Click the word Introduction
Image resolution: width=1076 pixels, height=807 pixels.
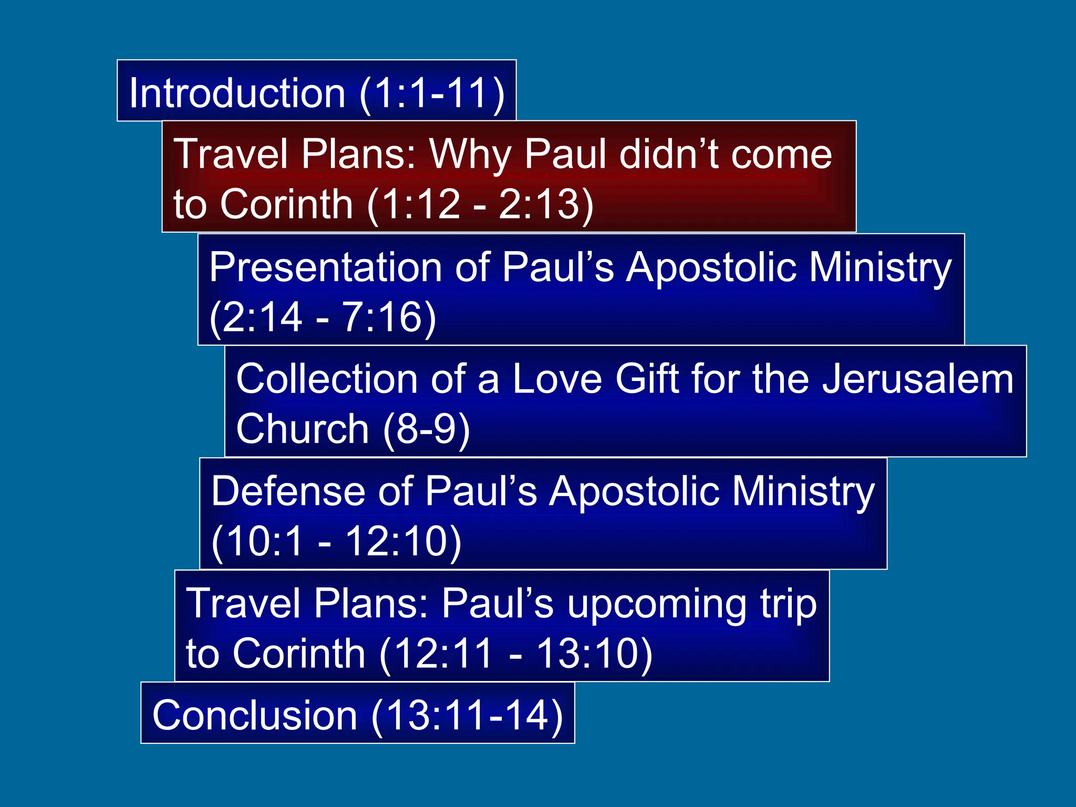[x=237, y=93]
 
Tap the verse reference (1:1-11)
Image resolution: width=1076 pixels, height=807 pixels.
[x=432, y=93]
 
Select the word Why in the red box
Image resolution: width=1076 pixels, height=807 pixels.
[x=470, y=154]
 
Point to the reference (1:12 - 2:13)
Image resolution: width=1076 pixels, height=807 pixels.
[x=480, y=204]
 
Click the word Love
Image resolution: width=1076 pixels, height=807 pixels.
[x=557, y=379]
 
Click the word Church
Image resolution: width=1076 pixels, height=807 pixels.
[x=303, y=429]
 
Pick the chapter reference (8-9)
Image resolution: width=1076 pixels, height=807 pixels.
[x=427, y=429]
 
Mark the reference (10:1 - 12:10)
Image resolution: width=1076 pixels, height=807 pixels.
[x=336, y=541]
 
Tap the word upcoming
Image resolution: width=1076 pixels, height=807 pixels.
[x=657, y=604]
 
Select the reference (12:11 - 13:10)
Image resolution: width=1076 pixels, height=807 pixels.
[x=515, y=654]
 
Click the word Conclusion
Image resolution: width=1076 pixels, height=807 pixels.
[x=255, y=716]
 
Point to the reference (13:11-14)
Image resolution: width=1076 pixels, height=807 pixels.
[x=467, y=716]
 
